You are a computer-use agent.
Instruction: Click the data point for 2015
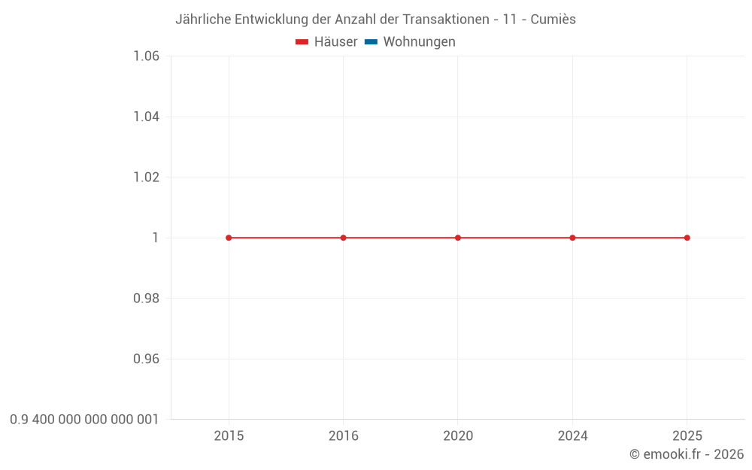(x=229, y=238)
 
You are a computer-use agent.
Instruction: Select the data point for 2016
(x=343, y=238)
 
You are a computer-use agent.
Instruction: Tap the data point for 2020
(x=458, y=238)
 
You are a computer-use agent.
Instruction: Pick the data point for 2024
(x=572, y=238)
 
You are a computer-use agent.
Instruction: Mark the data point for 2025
(x=687, y=238)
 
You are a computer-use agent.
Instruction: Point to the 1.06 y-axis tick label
(x=146, y=56)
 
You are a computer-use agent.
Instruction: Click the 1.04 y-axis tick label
(x=146, y=117)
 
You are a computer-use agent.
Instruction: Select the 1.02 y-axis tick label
(x=146, y=177)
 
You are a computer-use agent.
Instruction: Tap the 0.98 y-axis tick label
(x=146, y=299)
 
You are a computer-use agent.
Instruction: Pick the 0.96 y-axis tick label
(x=146, y=359)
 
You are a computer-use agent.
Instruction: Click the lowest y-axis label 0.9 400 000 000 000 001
(x=84, y=420)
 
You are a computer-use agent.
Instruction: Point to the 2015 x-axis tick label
(x=229, y=436)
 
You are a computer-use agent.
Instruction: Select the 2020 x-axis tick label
(x=458, y=436)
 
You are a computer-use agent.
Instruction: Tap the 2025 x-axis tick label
(x=687, y=436)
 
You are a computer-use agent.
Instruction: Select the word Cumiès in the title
(x=553, y=20)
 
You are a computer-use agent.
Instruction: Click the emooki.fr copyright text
(x=687, y=454)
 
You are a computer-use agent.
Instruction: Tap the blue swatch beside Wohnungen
(x=371, y=42)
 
